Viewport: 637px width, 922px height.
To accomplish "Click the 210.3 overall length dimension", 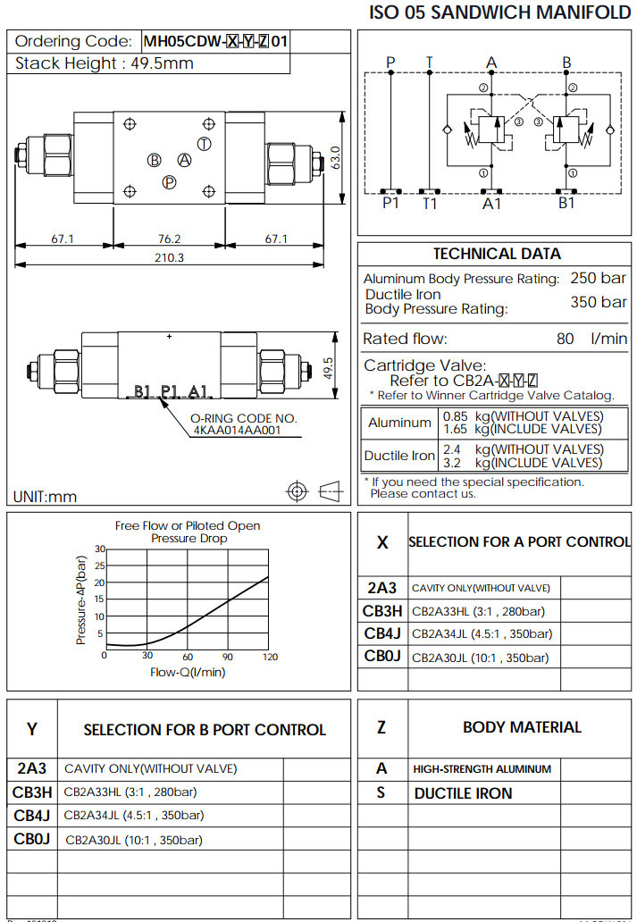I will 170,257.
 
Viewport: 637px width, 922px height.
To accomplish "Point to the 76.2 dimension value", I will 170,239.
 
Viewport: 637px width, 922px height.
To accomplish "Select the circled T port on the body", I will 205,145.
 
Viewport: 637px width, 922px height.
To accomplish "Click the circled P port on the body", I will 169,182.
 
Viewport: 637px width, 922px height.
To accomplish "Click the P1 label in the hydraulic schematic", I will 390,204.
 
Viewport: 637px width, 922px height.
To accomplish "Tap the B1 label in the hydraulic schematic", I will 566,204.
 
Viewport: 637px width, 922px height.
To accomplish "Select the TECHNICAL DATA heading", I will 497,254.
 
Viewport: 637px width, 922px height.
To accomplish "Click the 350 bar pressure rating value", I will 598,302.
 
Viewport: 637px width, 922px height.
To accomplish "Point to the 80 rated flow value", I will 565,339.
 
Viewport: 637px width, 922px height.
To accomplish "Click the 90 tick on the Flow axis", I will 228,657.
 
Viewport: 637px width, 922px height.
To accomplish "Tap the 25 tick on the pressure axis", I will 99,566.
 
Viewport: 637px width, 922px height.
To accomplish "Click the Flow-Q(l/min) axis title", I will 187,673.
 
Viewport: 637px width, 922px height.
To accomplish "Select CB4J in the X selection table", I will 381,633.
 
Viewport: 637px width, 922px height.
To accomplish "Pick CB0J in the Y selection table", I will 32,839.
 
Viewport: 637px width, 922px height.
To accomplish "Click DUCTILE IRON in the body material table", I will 463,793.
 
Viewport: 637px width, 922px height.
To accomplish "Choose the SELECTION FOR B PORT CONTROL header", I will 205,730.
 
